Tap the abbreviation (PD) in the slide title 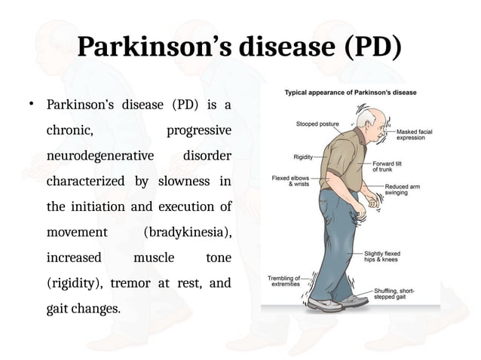[370, 47]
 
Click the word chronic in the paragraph [70, 130]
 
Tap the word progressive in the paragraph [198, 130]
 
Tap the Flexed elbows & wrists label [290, 182]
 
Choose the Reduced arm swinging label [406, 191]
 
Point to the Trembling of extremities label [284, 281]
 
